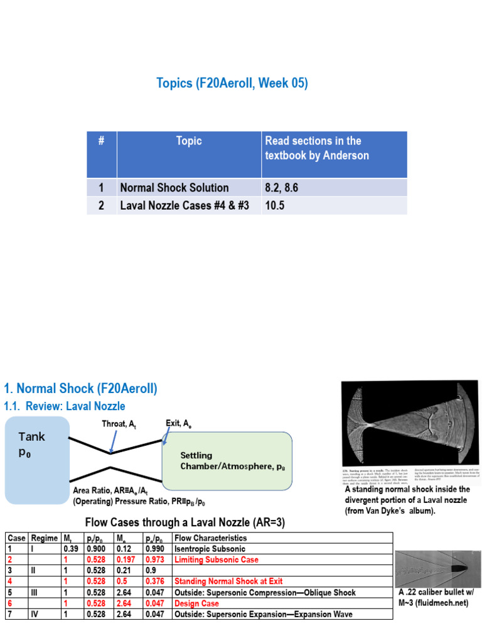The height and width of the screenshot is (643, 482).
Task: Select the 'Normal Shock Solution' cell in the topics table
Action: pyautogui.click(x=174, y=188)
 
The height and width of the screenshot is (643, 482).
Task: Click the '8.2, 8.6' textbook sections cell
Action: pyautogui.click(x=283, y=188)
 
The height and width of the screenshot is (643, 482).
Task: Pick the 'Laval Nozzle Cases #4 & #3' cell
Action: pyautogui.click(x=188, y=205)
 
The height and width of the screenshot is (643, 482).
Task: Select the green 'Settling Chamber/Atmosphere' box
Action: pyautogui.click(x=227, y=461)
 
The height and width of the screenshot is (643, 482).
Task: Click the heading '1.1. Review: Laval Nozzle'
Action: pyautogui.click(x=65, y=406)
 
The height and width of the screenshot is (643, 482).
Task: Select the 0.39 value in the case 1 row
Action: pyautogui.click(x=69, y=549)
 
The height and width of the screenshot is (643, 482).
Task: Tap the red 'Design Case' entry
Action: pyautogui.click(x=197, y=603)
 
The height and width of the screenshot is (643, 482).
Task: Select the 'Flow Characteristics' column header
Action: pyautogui.click(x=210, y=538)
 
